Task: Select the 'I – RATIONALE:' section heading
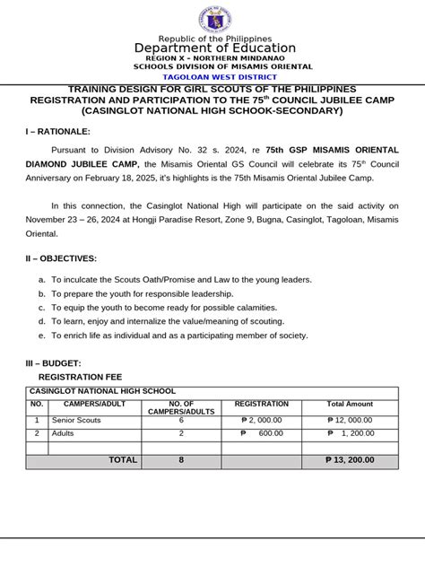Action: [58, 132]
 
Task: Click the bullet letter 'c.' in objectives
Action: [41, 307]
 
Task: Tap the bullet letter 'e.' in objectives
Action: [41, 335]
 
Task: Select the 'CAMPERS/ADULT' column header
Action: [94, 405]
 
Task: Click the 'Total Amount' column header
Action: [350, 405]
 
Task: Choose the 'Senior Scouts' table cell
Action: [76, 420]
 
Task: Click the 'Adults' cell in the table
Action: [64, 433]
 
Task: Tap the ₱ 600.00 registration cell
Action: [261, 433]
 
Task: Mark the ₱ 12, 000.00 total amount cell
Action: [350, 420]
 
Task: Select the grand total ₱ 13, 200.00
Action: [350, 460]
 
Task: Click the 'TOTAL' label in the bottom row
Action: [123, 460]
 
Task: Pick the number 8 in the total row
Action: [180, 460]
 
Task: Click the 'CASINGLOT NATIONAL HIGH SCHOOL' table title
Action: [103, 392]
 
